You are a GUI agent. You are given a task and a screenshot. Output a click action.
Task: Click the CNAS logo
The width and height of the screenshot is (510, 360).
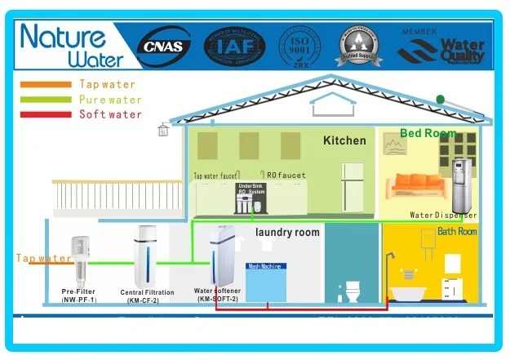[165, 45]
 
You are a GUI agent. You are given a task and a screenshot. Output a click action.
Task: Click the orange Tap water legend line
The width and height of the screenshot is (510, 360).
[46, 84]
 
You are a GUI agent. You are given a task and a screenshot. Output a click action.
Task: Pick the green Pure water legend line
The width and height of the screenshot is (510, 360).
[46, 99]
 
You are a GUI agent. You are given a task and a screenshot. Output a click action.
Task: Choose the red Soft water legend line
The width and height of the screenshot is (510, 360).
[46, 114]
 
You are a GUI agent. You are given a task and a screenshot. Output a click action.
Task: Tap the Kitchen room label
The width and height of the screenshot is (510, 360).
[344, 141]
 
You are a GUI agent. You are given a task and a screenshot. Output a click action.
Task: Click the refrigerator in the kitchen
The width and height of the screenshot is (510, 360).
[352, 184]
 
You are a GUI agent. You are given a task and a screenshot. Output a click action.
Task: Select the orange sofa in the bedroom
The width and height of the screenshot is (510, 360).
[418, 187]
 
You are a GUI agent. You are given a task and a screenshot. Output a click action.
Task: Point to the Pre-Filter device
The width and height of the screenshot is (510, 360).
[79, 258]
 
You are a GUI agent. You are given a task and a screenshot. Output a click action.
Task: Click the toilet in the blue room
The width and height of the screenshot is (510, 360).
[353, 291]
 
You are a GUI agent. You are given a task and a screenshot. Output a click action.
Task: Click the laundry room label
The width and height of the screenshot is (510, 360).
[287, 233]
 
